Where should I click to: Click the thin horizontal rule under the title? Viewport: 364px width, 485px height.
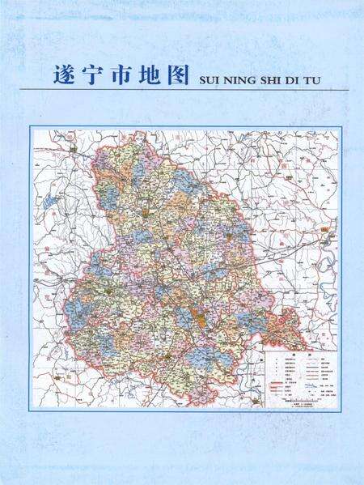[194, 89]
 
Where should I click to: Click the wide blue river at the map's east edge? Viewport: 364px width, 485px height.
[328, 267]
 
